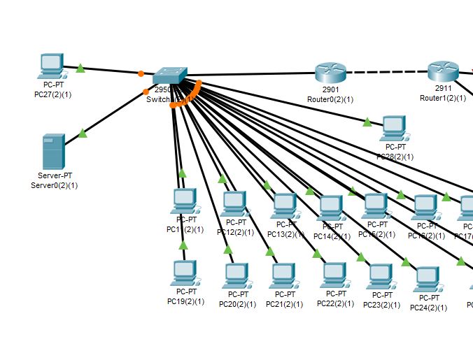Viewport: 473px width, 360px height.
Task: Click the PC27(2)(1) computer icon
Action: tap(51, 66)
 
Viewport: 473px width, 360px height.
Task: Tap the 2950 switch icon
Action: tap(169, 75)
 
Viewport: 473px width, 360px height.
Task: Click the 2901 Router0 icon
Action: tap(330, 71)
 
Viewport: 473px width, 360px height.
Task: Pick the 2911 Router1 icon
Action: tap(442, 71)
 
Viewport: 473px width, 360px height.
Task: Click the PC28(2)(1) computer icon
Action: tap(395, 127)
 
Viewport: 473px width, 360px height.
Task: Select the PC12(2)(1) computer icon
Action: tap(234, 203)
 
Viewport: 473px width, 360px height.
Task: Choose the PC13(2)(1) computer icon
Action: tap(284, 206)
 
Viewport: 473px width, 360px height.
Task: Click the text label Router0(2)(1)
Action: tap(330, 99)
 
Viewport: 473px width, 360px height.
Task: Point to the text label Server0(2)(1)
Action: tap(55, 185)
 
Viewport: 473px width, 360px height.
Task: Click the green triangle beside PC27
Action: tap(80, 68)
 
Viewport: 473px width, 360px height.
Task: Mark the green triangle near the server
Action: tap(83, 133)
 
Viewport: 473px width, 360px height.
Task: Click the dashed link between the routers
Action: tap(386, 72)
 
